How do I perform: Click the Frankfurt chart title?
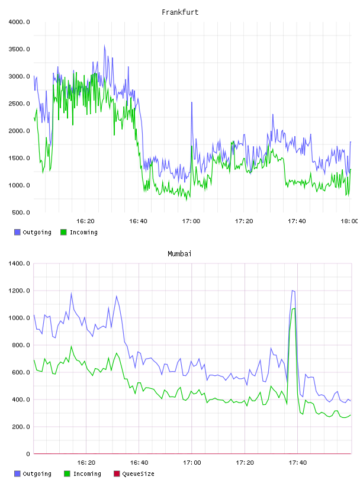pos(180,12)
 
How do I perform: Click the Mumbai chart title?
pos(179,254)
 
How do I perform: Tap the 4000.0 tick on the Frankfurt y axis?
pos(19,22)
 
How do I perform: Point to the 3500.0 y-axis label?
pos(19,49)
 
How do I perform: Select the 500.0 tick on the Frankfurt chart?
pos(21,212)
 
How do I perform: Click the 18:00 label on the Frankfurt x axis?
pos(349,221)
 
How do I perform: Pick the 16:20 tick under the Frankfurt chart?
pos(85,221)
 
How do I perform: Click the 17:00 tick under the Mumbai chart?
pos(192,463)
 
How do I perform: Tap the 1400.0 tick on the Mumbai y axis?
pos(19,263)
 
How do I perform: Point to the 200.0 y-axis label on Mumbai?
pos(21,427)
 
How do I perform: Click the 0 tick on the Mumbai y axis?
pos(28,454)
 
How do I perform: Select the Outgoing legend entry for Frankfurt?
pos(33,232)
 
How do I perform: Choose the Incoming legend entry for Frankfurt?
pos(79,232)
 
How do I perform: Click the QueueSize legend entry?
pos(134,474)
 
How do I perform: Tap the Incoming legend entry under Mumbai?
pos(83,474)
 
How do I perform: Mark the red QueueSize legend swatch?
pos(117,474)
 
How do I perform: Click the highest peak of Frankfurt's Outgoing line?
pos(104,46)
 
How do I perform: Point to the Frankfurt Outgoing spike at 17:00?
pos(192,102)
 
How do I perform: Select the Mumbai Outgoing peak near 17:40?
pos(292,291)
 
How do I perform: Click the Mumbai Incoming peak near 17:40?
pos(294,308)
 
